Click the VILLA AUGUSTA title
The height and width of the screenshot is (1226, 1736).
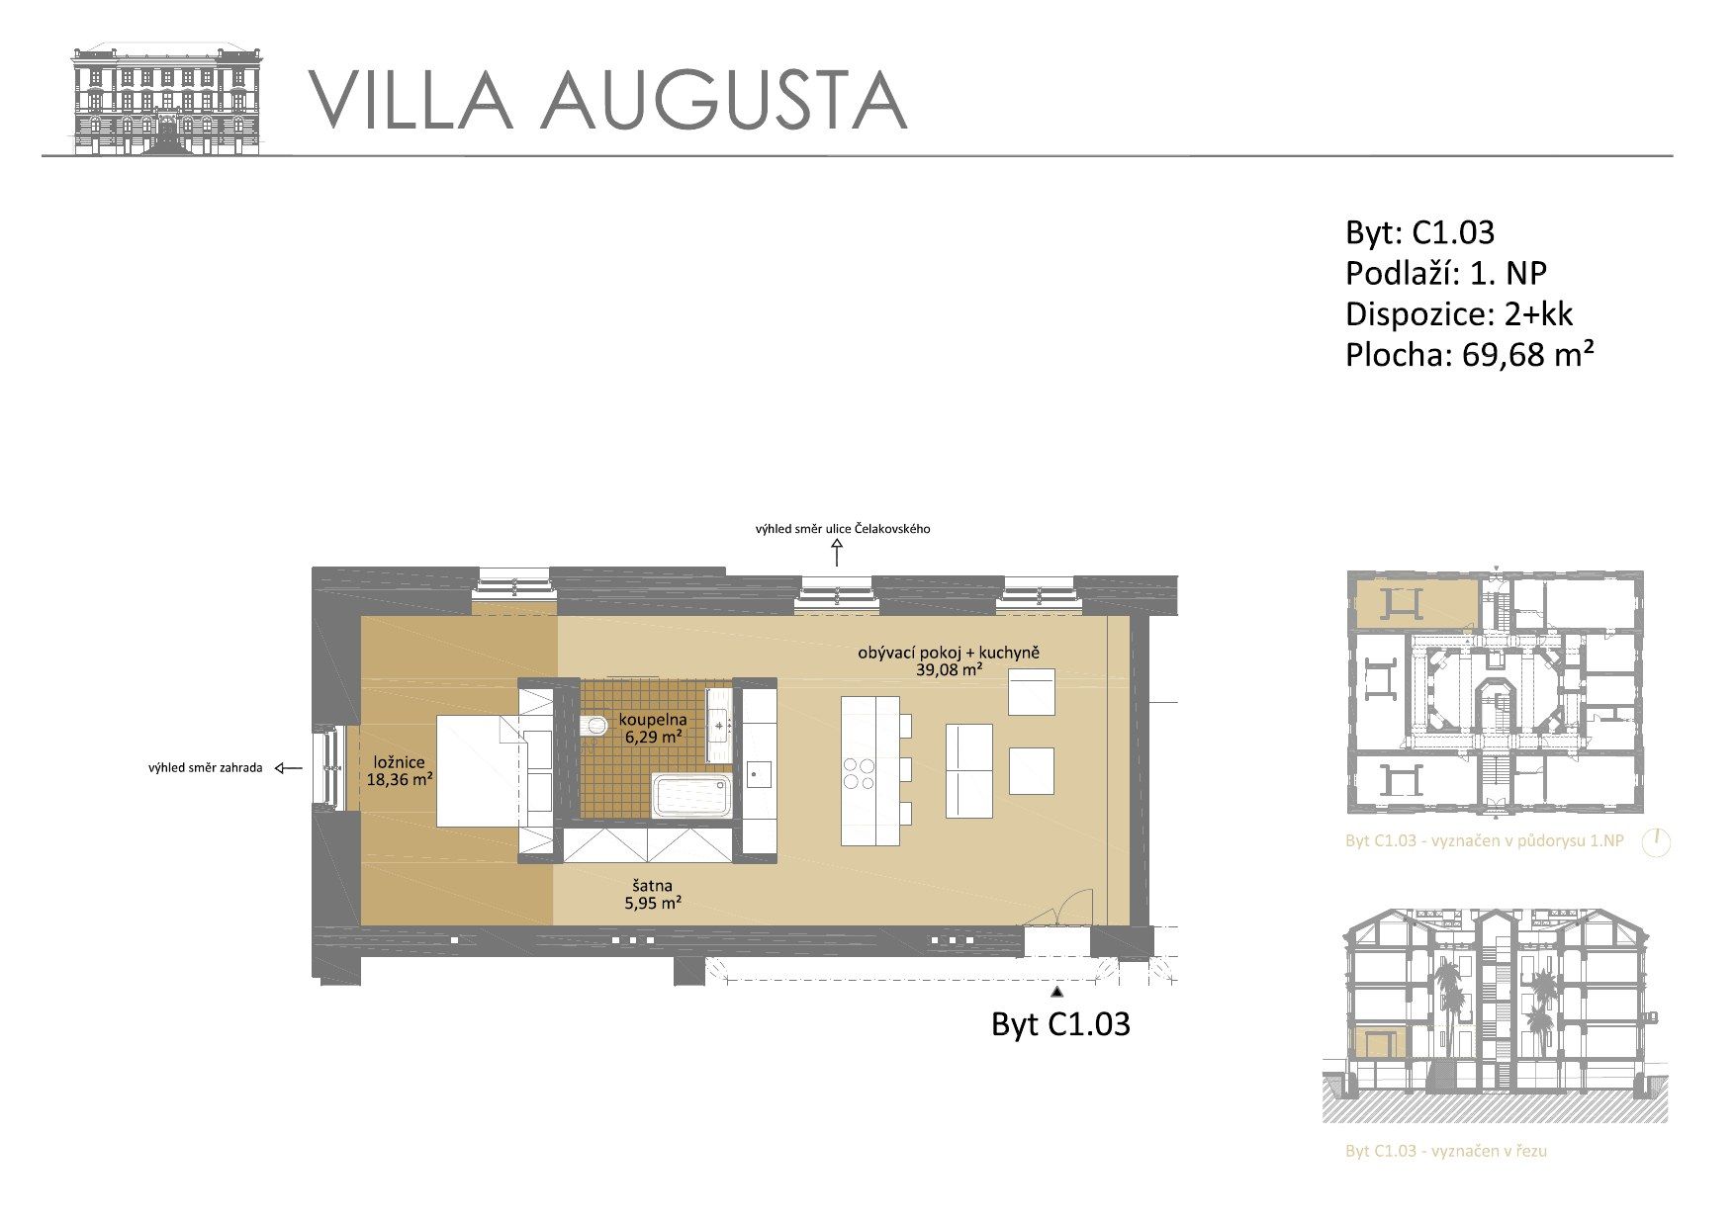pyautogui.click(x=608, y=100)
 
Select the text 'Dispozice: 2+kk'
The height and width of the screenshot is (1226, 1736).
pyautogui.click(x=1459, y=314)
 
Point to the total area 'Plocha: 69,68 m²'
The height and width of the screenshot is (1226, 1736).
pyautogui.click(x=1470, y=354)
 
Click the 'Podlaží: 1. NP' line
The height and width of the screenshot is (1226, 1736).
pyautogui.click(x=1446, y=273)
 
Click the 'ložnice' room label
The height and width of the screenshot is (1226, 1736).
pyautogui.click(x=400, y=762)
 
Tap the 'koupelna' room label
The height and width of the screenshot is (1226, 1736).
pyautogui.click(x=653, y=720)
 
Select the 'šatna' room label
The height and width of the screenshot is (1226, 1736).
pyautogui.click(x=653, y=886)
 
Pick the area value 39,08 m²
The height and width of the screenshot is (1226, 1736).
pyautogui.click(x=949, y=669)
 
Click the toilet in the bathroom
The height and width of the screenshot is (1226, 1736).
pyautogui.click(x=594, y=727)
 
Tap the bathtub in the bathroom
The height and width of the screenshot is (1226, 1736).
pyautogui.click(x=692, y=796)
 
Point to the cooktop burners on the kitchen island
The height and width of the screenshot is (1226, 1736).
pyautogui.click(x=858, y=773)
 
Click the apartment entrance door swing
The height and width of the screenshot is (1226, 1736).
pyautogui.click(x=1071, y=907)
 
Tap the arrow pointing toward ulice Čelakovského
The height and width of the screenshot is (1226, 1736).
pyautogui.click(x=837, y=553)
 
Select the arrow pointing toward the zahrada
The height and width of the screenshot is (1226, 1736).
pyautogui.click(x=289, y=768)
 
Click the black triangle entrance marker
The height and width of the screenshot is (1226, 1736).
pyautogui.click(x=1057, y=990)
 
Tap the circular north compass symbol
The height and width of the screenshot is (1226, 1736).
pyautogui.click(x=1656, y=842)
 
